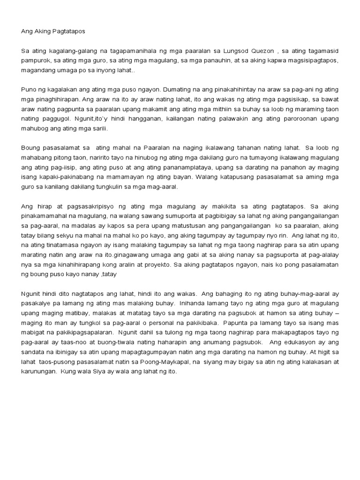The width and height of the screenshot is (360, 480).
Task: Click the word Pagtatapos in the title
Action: [67, 31]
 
